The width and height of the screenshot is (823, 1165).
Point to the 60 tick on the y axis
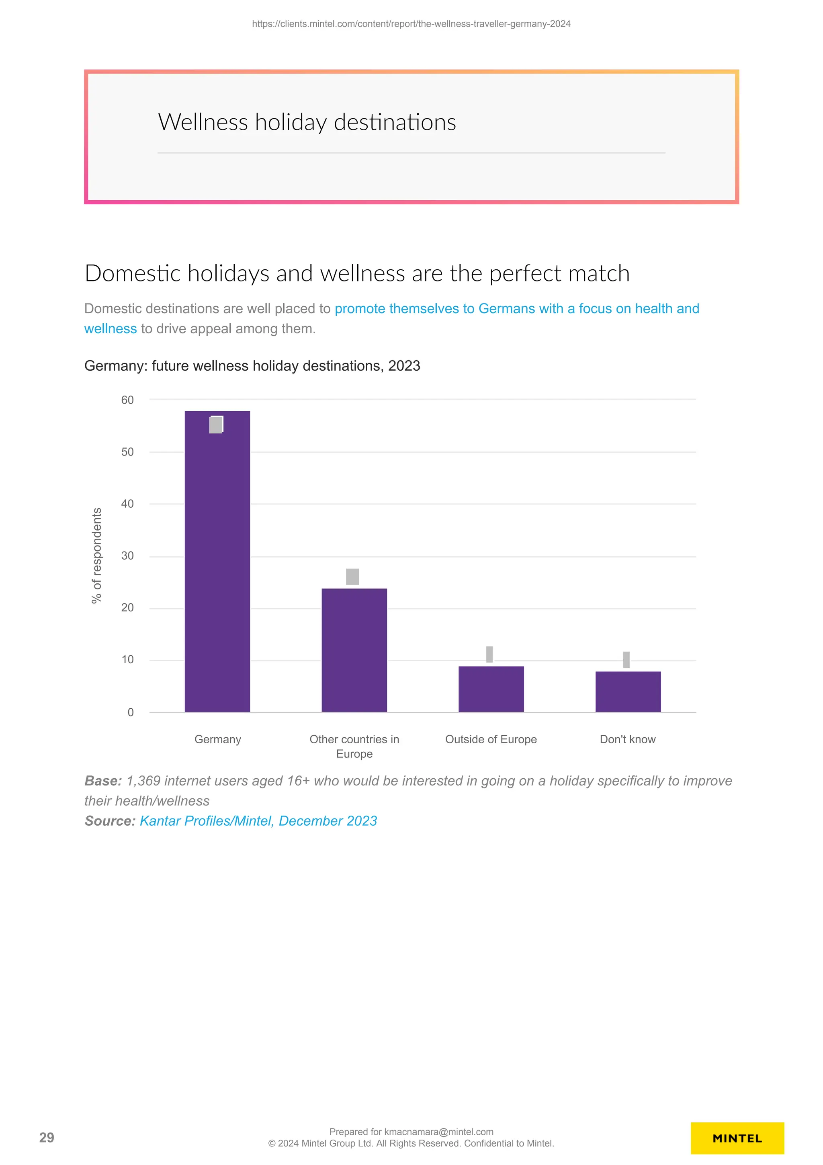pyautogui.click(x=127, y=400)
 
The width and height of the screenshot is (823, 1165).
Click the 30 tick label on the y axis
pyautogui.click(x=127, y=556)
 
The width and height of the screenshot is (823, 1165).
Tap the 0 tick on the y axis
pyautogui.click(x=130, y=712)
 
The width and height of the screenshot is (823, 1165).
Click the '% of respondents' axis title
pyautogui.click(x=96, y=555)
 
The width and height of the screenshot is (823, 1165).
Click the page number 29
pyautogui.click(x=47, y=1138)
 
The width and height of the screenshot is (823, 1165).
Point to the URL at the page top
pyautogui.click(x=411, y=24)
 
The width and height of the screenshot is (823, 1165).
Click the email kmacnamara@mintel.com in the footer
pyautogui.click(x=439, y=1132)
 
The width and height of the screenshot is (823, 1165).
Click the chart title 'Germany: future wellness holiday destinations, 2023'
pyautogui.click(x=252, y=366)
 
